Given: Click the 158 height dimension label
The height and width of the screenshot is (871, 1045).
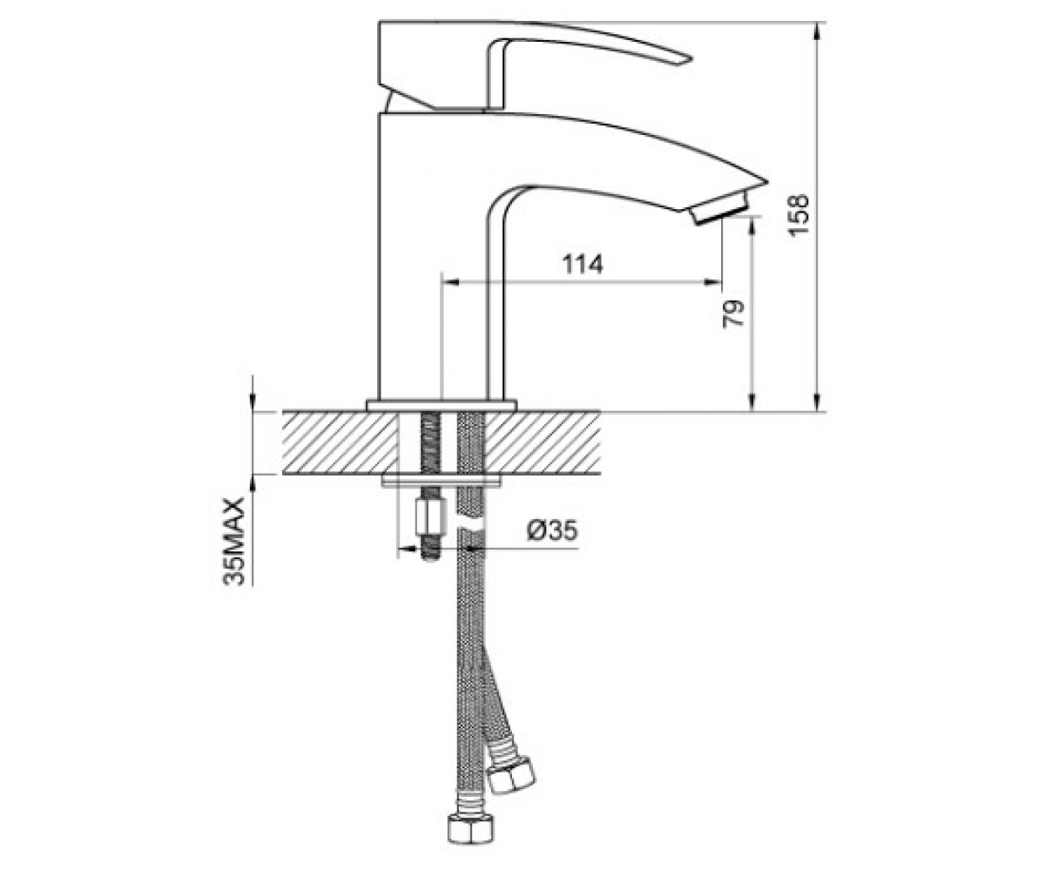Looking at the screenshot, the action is click(798, 216).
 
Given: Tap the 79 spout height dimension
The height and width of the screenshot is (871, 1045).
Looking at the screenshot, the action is click(733, 314).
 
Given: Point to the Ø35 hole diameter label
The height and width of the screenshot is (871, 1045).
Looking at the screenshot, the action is click(552, 530).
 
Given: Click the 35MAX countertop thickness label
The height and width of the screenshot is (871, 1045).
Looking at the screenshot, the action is click(235, 541).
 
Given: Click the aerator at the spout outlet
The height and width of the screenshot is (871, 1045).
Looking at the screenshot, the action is click(719, 208).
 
